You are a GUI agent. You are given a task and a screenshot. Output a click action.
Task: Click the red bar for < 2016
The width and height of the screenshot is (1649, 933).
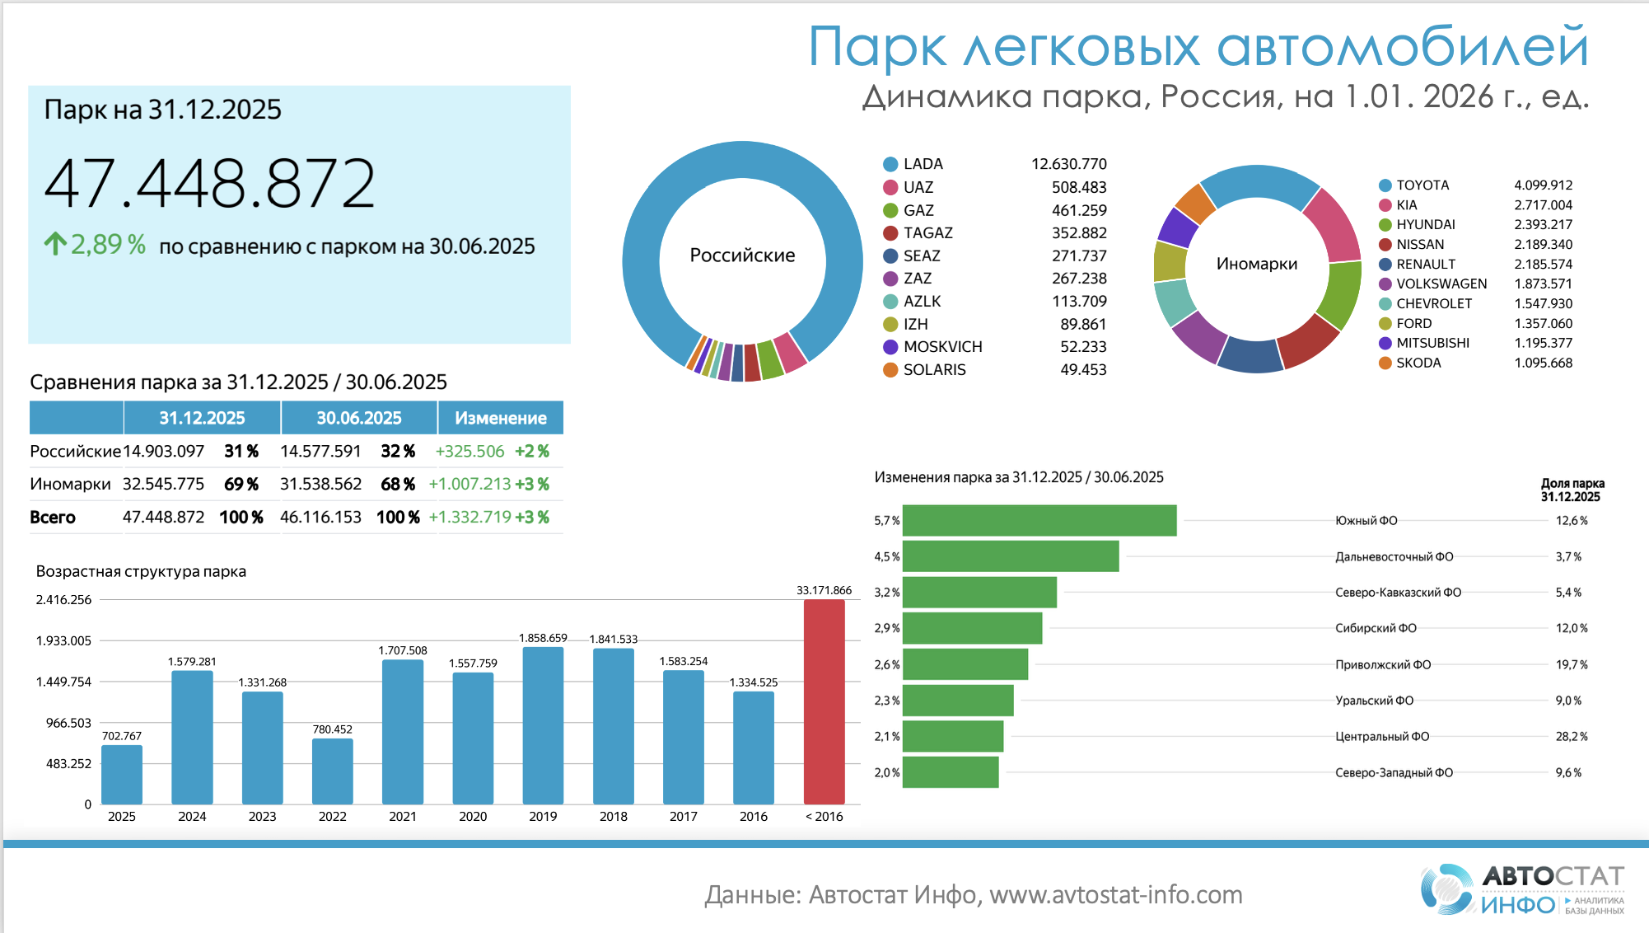(x=824, y=701)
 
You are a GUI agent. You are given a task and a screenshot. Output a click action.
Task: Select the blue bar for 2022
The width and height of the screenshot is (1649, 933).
(x=332, y=771)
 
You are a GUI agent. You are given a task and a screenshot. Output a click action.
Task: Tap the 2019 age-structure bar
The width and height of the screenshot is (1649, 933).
(x=543, y=725)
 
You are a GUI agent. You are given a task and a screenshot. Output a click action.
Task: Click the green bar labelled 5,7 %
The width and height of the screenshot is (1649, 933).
(x=1039, y=521)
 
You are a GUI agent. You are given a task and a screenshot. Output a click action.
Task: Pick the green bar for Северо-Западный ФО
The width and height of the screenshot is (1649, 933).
(x=951, y=772)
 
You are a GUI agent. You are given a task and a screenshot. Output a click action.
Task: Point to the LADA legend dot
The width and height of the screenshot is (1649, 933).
(x=890, y=164)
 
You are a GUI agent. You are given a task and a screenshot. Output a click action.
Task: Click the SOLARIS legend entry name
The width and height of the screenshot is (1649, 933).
(x=934, y=370)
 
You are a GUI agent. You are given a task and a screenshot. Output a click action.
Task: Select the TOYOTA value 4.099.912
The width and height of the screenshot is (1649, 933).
(x=1543, y=185)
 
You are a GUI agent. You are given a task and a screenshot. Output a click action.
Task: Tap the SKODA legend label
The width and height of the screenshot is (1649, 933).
(x=1418, y=363)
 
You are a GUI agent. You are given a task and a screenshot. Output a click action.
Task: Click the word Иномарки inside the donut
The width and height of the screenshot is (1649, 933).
(x=1256, y=264)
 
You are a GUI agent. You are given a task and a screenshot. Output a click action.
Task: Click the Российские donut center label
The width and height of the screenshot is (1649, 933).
(x=742, y=256)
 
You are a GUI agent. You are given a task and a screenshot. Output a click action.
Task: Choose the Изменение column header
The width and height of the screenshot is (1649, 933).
(x=500, y=418)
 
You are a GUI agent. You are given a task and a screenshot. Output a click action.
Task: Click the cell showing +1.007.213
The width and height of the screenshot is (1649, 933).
(x=469, y=485)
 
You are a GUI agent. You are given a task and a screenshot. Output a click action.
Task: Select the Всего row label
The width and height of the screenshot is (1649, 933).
(x=53, y=518)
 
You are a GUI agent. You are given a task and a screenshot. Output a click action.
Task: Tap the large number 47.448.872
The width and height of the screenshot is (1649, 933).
(x=209, y=183)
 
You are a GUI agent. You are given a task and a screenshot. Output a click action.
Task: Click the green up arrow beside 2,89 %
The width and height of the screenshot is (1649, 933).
(x=55, y=244)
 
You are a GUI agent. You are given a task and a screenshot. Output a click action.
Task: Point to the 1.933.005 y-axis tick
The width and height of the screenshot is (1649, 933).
(x=63, y=641)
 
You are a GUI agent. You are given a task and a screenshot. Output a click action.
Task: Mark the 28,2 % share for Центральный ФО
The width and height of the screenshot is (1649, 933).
(x=1571, y=737)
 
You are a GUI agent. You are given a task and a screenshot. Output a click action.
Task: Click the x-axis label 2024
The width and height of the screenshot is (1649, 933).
(x=192, y=817)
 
